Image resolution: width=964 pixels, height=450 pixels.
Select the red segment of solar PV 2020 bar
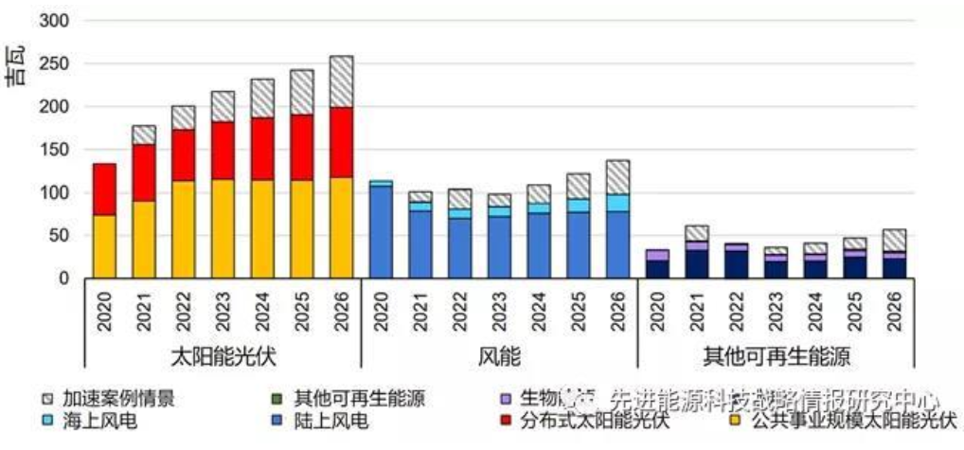(104, 189)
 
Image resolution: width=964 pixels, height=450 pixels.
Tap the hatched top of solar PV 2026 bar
(340, 81)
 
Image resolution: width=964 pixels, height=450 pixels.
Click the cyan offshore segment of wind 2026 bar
(616, 203)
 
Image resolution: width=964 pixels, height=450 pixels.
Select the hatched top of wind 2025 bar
(577, 186)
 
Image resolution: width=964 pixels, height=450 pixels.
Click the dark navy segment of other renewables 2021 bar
(696, 263)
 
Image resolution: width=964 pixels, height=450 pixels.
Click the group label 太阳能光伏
(223, 357)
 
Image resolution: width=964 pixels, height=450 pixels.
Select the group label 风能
(499, 357)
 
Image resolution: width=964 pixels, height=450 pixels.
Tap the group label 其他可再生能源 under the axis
(776, 357)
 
